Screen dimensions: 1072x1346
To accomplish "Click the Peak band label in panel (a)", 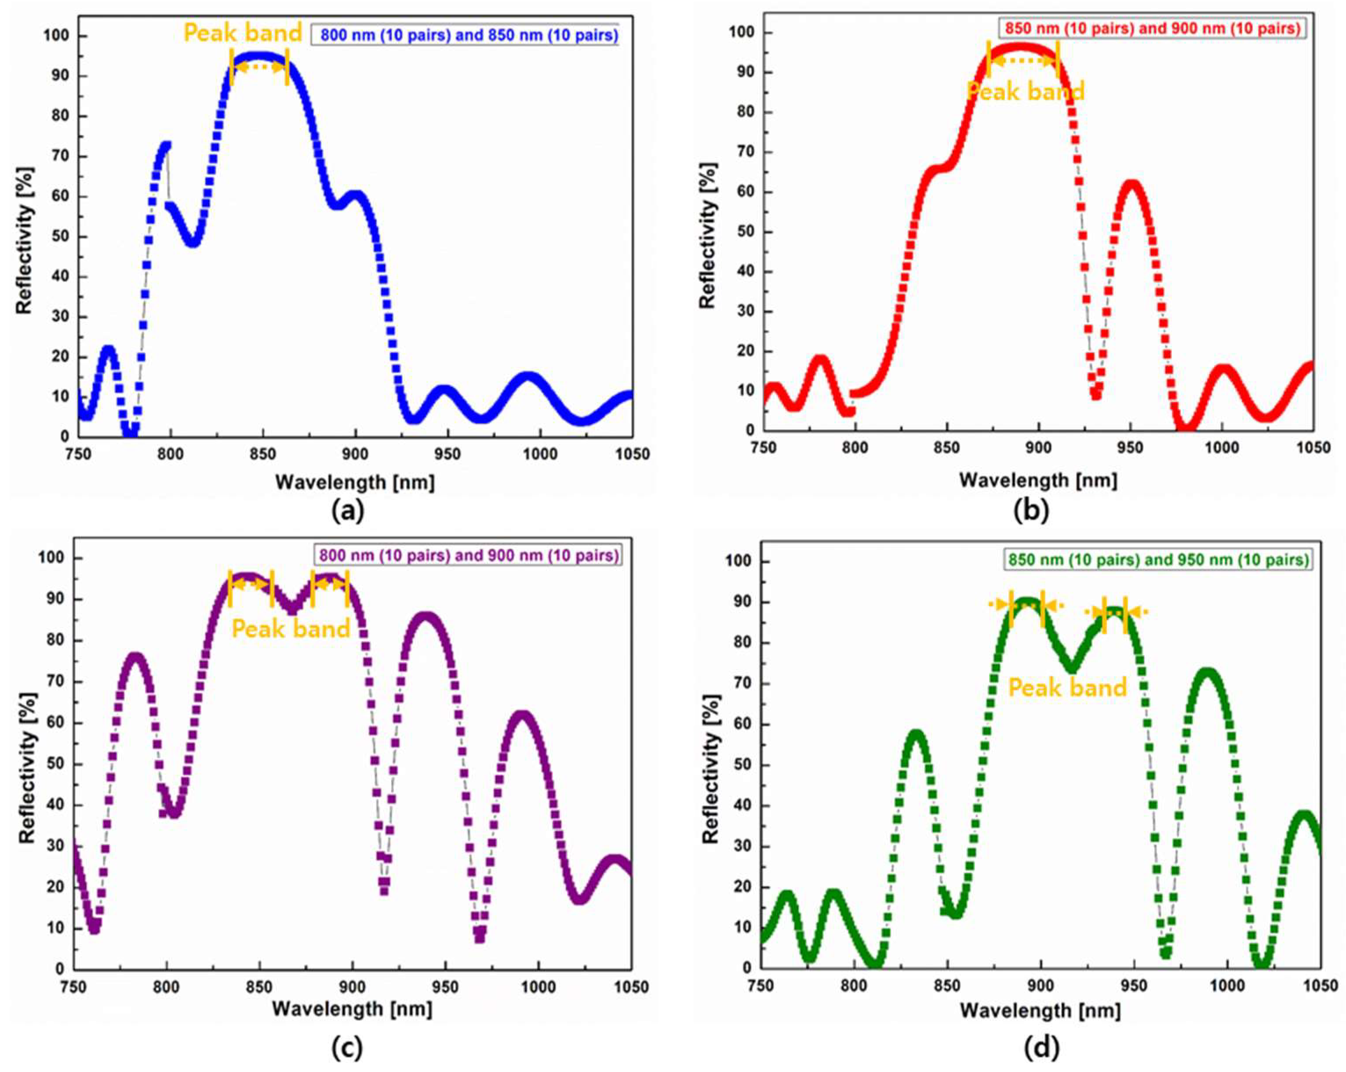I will (x=243, y=33).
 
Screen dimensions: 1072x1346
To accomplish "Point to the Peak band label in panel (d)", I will (x=1068, y=688).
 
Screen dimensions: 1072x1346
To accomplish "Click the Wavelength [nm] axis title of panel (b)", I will (x=1037, y=480).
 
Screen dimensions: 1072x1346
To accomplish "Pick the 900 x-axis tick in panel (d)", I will (x=1041, y=986).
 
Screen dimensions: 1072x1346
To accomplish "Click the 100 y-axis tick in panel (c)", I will (x=52, y=558).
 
